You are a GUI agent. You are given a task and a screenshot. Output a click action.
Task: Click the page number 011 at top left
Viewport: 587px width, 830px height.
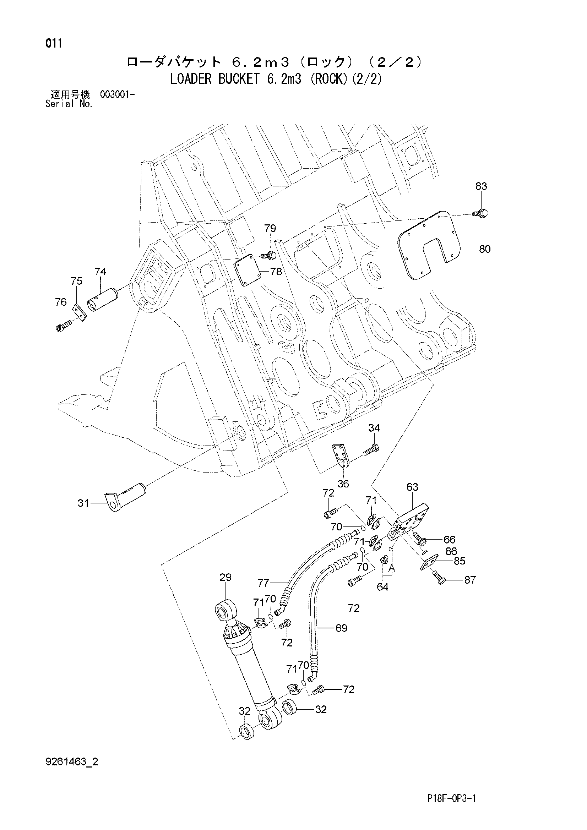pyautogui.click(x=54, y=43)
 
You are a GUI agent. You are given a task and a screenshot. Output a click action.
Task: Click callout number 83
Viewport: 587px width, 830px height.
pyautogui.click(x=481, y=186)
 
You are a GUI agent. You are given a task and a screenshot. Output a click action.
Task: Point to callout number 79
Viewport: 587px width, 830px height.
pyautogui.click(x=270, y=229)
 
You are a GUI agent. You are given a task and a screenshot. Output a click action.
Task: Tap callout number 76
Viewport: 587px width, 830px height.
pyautogui.click(x=61, y=302)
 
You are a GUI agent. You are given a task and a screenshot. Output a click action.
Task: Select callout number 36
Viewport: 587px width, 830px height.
pyautogui.click(x=343, y=483)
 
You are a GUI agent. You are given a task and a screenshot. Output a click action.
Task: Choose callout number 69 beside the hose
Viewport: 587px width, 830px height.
pyautogui.click(x=341, y=628)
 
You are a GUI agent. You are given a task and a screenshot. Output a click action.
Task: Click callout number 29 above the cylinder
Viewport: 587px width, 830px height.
pyautogui.click(x=225, y=577)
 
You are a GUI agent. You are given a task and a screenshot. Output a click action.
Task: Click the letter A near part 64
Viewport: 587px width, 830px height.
pyautogui.click(x=392, y=569)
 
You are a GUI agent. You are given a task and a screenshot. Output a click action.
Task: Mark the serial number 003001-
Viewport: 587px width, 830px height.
pyautogui.click(x=118, y=95)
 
